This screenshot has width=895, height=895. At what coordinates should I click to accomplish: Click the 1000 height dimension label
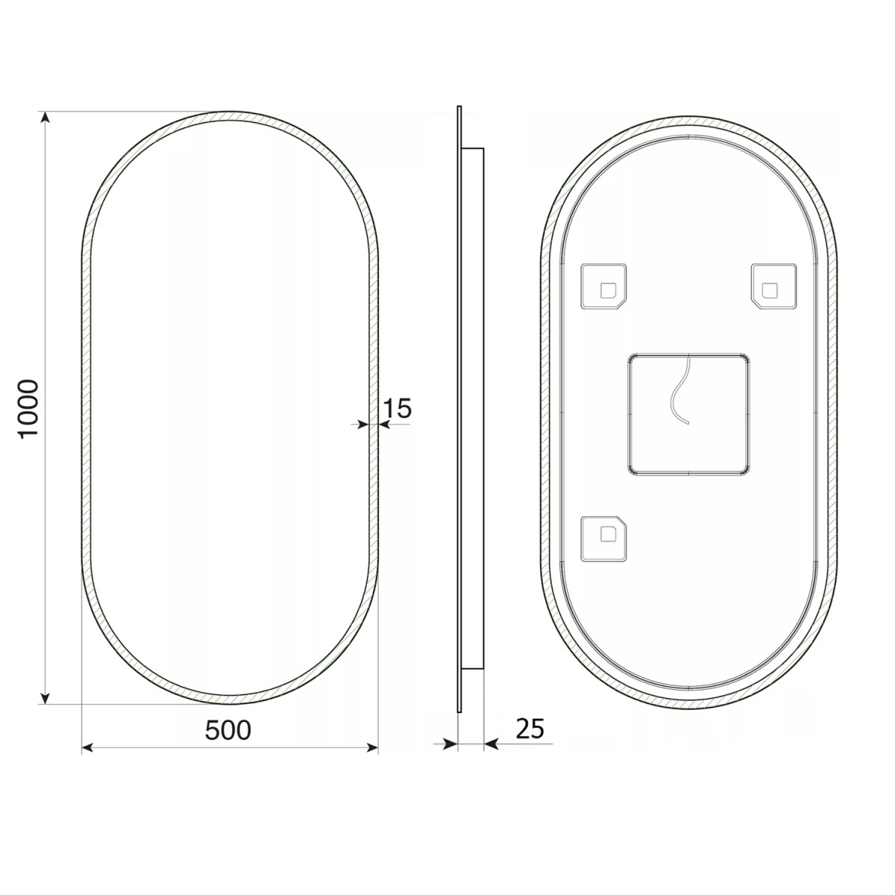(28, 409)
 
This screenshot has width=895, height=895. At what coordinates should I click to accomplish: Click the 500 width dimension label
(228, 730)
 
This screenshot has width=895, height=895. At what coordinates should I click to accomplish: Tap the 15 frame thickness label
(397, 408)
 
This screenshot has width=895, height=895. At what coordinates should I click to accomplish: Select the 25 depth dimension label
(530, 728)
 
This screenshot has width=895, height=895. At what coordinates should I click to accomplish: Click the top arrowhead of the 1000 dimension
(45, 119)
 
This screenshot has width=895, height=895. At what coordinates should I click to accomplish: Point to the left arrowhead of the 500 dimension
(87, 747)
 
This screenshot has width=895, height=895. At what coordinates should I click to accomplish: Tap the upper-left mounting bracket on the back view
(604, 286)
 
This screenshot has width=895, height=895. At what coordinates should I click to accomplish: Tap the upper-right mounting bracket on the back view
(775, 286)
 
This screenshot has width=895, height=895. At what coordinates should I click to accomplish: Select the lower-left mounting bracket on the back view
(604, 538)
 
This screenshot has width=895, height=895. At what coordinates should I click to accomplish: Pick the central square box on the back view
(688, 413)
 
